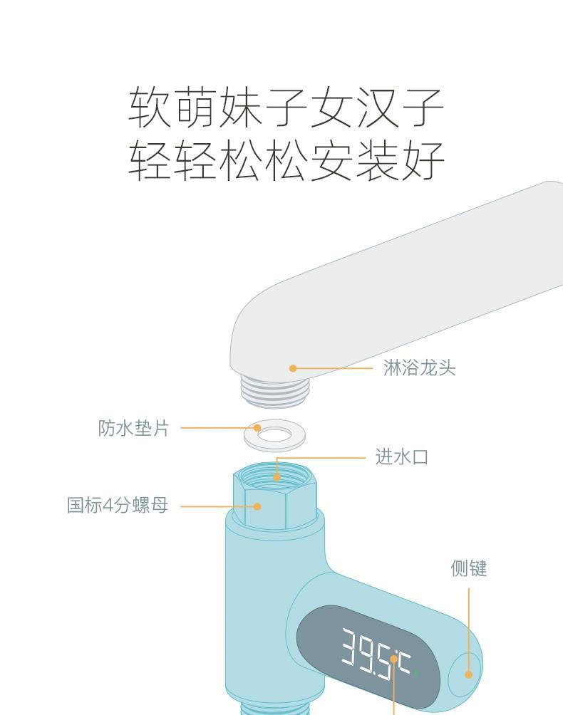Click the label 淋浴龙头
pyautogui.click(x=419, y=368)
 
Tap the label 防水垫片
pyautogui.click(x=133, y=428)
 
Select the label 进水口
pyautogui.click(x=402, y=457)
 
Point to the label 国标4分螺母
pyautogui.click(x=118, y=506)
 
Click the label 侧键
pyautogui.click(x=468, y=568)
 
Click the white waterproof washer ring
pyautogui.click(x=274, y=436)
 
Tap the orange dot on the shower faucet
pyautogui.click(x=293, y=368)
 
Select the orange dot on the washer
pyautogui.click(x=257, y=428)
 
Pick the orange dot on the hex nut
pyautogui.click(x=258, y=506)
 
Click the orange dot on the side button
pyautogui.click(x=468, y=674)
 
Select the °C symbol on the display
pyautogui.click(x=405, y=665)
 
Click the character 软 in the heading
pyautogui.click(x=150, y=108)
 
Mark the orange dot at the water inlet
pyautogui.click(x=277, y=477)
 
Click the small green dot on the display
pyautogui.click(x=416, y=672)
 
